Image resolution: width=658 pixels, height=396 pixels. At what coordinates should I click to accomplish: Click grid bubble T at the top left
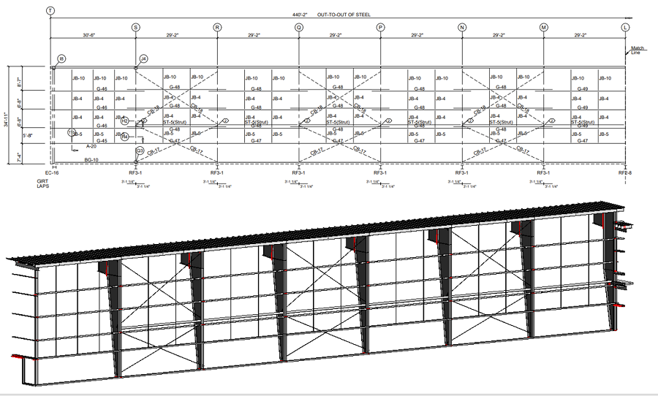50,11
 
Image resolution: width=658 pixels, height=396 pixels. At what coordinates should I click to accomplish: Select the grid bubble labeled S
135,27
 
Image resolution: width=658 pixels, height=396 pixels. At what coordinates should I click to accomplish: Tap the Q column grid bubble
299,27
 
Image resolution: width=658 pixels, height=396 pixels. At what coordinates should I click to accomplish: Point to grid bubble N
462,27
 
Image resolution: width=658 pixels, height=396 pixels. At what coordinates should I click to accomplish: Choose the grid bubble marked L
625,27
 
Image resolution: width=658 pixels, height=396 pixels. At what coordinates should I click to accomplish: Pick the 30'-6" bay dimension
91,34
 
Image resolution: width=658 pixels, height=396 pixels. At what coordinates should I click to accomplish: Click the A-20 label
91,147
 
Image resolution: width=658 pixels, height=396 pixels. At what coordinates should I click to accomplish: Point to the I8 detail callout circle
61,58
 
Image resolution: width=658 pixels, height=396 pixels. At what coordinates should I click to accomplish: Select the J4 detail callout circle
143,58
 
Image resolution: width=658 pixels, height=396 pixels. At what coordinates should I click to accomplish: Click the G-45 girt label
102,140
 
